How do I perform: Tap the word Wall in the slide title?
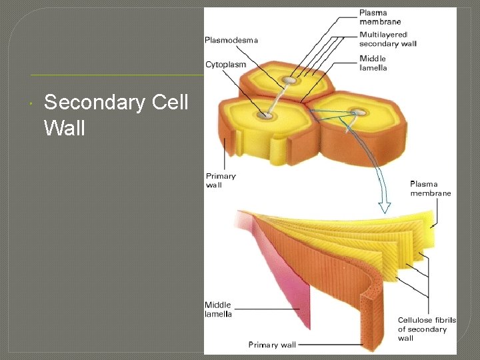pyautogui.click(x=65, y=127)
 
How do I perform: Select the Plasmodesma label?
pyautogui.click(x=231, y=40)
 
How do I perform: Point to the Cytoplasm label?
pyautogui.click(x=225, y=65)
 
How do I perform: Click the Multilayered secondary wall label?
pyautogui.click(x=388, y=39)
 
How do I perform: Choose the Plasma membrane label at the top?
pyautogui.click(x=380, y=17)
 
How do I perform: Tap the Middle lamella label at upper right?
pyautogui.click(x=373, y=63)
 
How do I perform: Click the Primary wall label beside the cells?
pyautogui.click(x=221, y=180)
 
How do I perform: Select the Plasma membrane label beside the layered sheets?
pyautogui.click(x=430, y=189)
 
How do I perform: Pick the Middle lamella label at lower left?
pyautogui.click(x=218, y=309)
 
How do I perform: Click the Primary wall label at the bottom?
pyautogui.click(x=272, y=345)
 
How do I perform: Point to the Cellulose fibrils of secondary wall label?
pyautogui.click(x=427, y=329)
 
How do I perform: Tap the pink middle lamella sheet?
pyautogui.click(x=283, y=267)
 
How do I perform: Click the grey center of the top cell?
pyautogui.click(x=289, y=81)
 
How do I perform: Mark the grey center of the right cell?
pyautogui.click(x=360, y=112)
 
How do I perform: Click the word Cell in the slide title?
pyautogui.click(x=166, y=103)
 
